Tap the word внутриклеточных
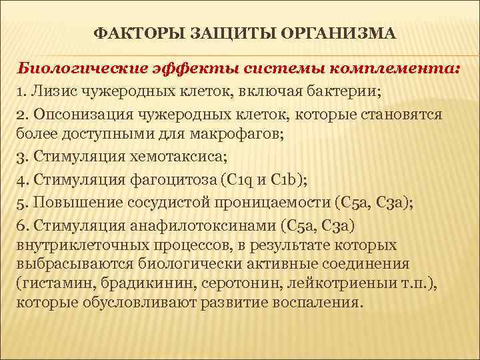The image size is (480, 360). coord(76,244)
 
